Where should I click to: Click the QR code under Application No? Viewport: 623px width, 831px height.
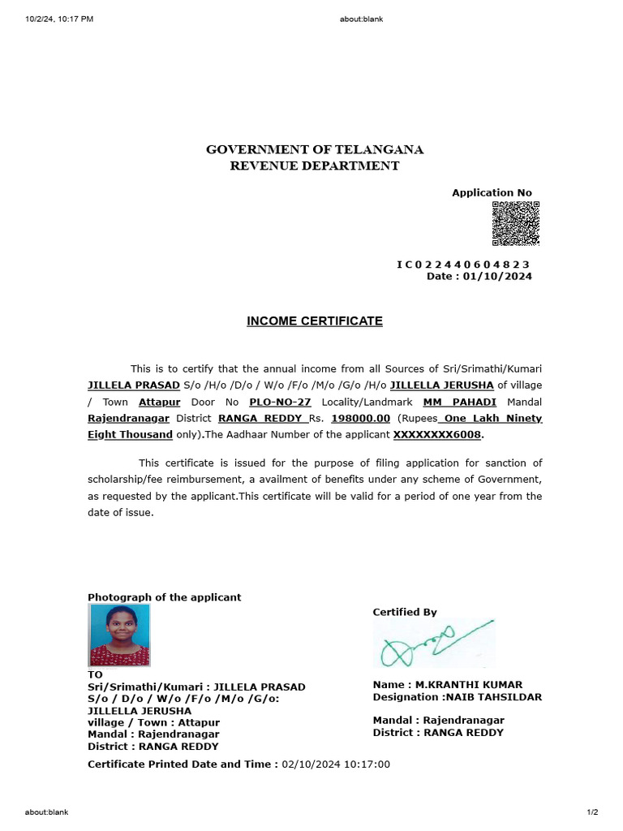515,223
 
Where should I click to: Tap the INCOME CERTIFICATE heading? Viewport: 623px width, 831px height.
315,321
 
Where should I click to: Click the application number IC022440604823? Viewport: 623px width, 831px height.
463,265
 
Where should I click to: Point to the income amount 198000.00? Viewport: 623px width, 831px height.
361,419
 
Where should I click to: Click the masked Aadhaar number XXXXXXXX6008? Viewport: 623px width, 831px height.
437,435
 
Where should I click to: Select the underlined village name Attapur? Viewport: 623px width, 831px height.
159,403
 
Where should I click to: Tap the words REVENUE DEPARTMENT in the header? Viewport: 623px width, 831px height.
315,166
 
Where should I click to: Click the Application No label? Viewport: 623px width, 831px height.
492,193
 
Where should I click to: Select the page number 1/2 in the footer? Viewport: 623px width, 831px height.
592,812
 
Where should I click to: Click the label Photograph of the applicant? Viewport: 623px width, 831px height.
164,597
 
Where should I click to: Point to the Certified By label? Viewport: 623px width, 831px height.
405,612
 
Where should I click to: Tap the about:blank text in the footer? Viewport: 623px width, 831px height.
46,812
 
